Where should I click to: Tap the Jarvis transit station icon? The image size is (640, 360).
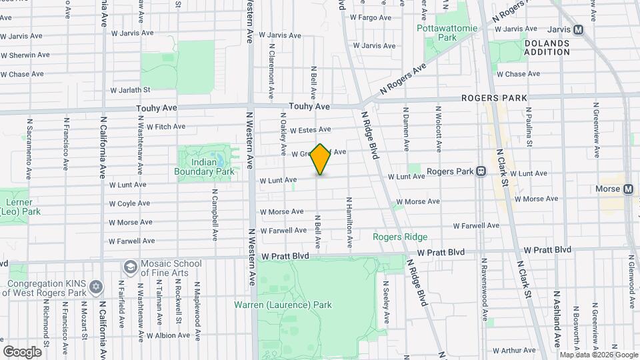tap(578, 29)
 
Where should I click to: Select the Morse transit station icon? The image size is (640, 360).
tap(628, 189)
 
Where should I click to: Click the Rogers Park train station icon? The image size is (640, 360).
tap(480, 171)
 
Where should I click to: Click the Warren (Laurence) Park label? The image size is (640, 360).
tap(283, 305)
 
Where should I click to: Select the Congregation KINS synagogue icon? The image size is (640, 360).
tap(97, 287)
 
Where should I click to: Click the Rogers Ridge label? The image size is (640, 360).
tap(400, 237)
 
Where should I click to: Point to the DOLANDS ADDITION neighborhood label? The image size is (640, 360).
tap(547, 47)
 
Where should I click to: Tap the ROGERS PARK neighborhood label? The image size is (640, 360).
tap(494, 98)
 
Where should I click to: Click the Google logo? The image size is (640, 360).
tap(22, 351)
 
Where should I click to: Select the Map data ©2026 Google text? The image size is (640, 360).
tap(598, 355)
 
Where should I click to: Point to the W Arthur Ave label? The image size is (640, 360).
tap(515, 349)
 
